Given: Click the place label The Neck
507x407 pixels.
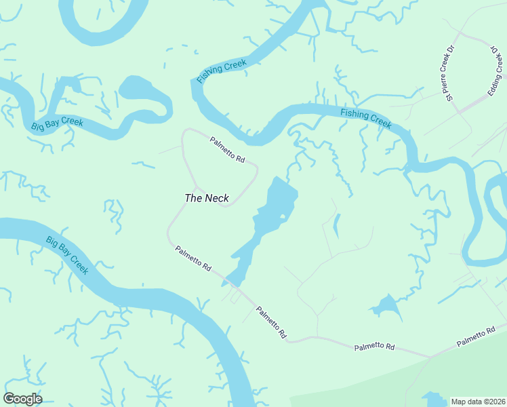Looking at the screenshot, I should pyautogui.click(x=207, y=198).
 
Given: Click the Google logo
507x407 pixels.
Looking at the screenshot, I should pyautogui.click(x=22, y=399).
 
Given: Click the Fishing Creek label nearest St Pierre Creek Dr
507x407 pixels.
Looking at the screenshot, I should pyautogui.click(x=366, y=118).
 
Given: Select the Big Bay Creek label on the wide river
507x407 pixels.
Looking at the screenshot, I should pyautogui.click(x=67, y=255).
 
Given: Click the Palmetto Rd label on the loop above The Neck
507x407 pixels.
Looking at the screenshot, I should pyautogui.click(x=227, y=149).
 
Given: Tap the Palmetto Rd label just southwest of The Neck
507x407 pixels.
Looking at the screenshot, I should pyautogui.click(x=193, y=258).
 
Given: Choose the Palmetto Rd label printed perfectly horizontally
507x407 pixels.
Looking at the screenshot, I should pyautogui.click(x=374, y=347).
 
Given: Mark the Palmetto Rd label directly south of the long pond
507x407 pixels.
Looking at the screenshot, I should pyautogui.click(x=272, y=323).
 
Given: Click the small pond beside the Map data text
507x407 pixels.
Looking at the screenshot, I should pyautogui.click(x=430, y=399).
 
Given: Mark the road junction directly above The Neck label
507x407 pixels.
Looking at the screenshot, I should pyautogui.click(x=197, y=186).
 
